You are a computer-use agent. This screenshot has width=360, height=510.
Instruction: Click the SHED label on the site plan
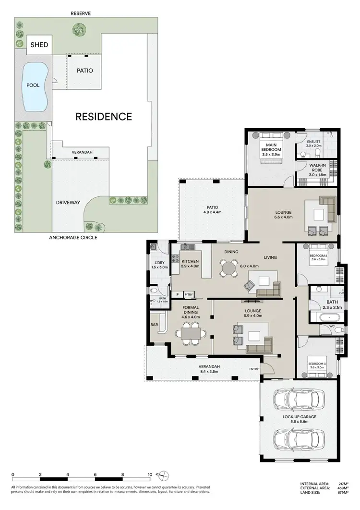point(39,45)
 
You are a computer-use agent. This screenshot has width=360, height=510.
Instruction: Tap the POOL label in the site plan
point(33,85)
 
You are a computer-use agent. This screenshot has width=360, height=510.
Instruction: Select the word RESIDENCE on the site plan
point(103,116)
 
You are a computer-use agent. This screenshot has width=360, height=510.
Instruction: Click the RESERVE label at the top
point(80,13)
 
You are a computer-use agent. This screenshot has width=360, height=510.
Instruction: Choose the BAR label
point(155,325)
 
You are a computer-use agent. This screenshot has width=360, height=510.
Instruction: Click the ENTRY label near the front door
point(253,369)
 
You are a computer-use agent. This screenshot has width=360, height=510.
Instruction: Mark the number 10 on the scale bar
point(150,474)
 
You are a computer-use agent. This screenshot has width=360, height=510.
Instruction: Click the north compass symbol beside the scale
point(165,475)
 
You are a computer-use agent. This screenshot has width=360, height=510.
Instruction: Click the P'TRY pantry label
point(189,294)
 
